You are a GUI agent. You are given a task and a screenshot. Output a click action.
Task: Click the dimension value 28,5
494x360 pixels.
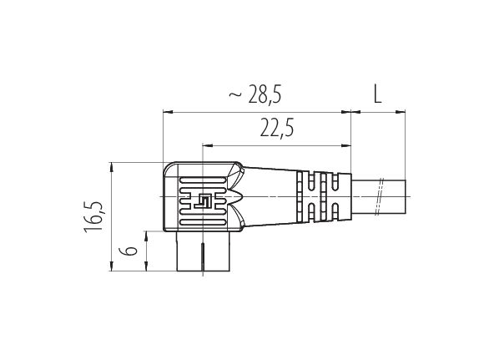(x=265, y=94)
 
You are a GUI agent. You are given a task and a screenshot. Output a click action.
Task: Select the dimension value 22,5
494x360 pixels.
(x=276, y=127)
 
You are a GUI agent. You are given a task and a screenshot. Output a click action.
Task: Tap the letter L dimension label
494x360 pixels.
(x=377, y=94)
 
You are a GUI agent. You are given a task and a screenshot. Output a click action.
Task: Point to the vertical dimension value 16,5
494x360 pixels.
(x=93, y=217)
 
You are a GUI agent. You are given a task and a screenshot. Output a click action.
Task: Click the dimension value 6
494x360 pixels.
(x=128, y=251)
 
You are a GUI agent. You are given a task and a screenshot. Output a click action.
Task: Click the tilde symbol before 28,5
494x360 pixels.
(x=235, y=94)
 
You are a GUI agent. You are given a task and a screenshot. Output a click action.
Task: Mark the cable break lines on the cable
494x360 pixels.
(x=380, y=197)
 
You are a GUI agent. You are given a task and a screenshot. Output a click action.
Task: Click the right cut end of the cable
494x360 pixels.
(x=406, y=197)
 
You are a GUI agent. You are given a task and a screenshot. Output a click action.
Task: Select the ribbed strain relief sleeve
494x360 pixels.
(x=324, y=196)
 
